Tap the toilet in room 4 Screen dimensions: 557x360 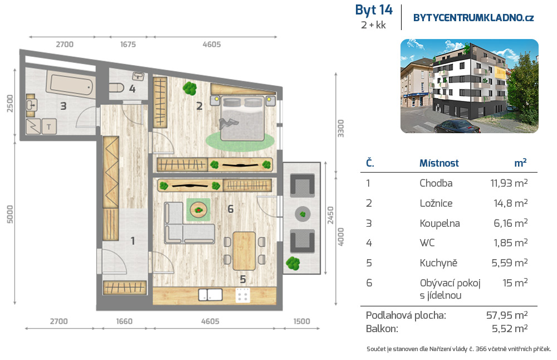pos(116,87)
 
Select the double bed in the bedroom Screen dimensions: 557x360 pos(242,118)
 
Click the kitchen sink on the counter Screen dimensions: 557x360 pos(211,295)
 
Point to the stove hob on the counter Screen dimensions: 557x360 pos(243,295)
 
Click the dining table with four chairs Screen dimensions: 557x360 pos(244,251)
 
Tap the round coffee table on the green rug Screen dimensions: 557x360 pos(199,210)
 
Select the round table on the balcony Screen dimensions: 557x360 pos(302,214)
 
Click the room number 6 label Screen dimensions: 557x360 pos(231,209)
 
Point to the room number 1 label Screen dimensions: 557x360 pos(133,241)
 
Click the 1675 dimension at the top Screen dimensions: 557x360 pos(128,45)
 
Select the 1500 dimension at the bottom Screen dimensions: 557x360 pos(301,321)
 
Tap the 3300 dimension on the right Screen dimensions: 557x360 pos(340,129)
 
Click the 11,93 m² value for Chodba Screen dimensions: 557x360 pos(509,183)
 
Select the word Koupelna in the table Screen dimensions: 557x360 pos(440,223)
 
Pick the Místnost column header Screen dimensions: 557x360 pos(439,163)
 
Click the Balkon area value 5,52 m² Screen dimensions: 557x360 pos(510,328)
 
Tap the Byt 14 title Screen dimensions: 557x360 pos(374,10)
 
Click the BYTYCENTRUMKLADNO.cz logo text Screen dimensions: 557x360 pos(473,18)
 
